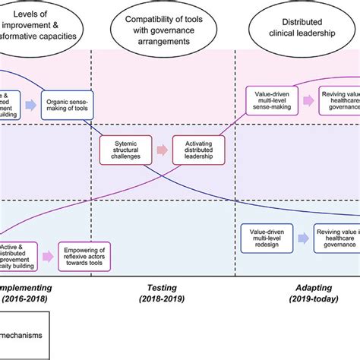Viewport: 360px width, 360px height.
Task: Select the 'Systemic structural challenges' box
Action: (122, 150)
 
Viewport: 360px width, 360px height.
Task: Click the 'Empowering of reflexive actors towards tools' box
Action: (85, 257)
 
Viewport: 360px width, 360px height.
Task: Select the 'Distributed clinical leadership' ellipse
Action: (304, 23)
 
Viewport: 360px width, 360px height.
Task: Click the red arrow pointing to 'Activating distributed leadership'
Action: (160, 150)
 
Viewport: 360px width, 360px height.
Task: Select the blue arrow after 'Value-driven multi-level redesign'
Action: (302, 238)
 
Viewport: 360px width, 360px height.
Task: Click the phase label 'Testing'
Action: (161, 289)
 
